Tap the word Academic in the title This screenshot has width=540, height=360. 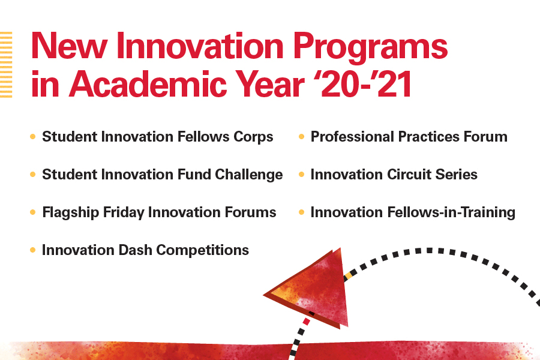coord(148,84)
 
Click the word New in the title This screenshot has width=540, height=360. coord(69,46)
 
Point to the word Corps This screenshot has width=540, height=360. coord(253,137)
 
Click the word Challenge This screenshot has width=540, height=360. coord(248,175)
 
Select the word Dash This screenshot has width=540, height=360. coord(135,250)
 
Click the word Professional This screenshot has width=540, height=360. coord(352,137)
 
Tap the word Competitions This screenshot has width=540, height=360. coord(203,250)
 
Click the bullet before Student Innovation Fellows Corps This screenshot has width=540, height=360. coord(33,137)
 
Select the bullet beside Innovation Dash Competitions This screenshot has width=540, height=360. coord(33,250)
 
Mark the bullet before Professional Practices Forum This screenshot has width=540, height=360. coord(301,137)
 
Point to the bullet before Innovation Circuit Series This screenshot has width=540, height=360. coord(301,175)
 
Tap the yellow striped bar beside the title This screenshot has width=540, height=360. coord(6,65)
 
